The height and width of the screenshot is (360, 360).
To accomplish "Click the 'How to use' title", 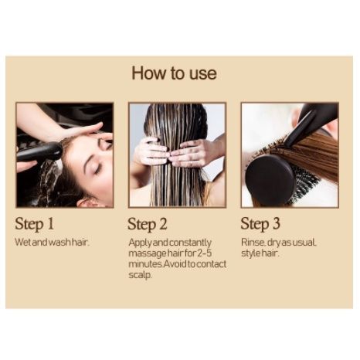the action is (174, 73).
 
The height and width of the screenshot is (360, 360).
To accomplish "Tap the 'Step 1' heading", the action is (34, 223).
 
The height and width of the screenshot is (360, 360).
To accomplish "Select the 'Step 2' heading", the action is (148, 224).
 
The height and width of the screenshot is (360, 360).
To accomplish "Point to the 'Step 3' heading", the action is (260, 224).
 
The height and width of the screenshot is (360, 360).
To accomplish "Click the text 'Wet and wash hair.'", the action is (52, 243).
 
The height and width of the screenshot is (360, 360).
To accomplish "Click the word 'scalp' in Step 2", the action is (140, 275).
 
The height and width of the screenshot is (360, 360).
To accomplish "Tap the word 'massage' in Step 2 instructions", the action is (148, 254).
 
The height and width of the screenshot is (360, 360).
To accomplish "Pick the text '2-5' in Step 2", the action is (205, 253).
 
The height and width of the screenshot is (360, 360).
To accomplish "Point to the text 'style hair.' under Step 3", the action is (260, 253).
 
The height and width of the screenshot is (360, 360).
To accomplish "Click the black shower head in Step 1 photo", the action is (40, 151).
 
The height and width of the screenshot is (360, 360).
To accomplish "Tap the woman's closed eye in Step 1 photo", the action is (97, 169).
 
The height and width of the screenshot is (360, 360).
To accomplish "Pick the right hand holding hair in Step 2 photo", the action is (194, 153).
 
